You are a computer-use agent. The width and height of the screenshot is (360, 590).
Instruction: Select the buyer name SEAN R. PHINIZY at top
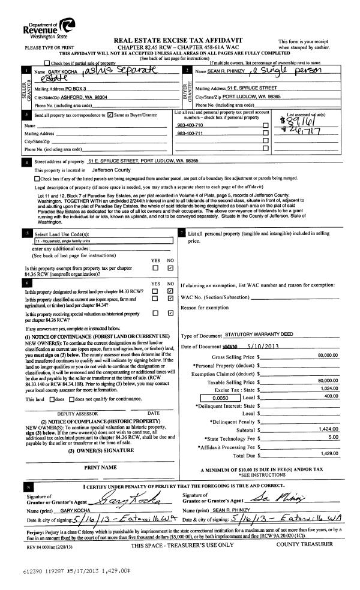[226, 71]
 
